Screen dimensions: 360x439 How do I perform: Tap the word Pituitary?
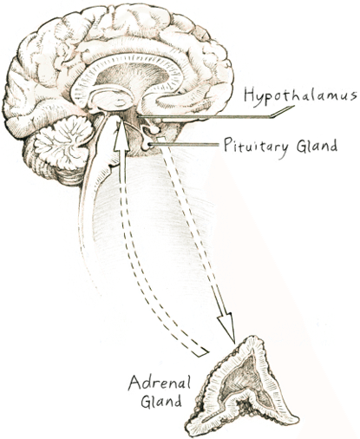[x=256, y=145]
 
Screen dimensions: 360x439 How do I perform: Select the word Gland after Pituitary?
[x=317, y=145]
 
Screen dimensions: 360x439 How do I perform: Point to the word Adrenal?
[x=160, y=383]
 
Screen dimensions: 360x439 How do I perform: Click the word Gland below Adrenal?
[x=161, y=400]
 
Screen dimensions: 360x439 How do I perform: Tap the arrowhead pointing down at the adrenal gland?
[x=227, y=326]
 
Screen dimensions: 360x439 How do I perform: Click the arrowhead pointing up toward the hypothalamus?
[x=121, y=135]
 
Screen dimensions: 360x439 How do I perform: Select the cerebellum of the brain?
[x=62, y=141]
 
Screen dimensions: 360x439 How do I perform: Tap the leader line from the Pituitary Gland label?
[x=184, y=144]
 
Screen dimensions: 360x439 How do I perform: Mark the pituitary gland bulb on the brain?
[x=147, y=145]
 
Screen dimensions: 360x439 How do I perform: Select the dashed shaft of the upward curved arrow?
[x=139, y=254]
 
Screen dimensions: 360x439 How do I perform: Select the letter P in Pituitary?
[x=228, y=145]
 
